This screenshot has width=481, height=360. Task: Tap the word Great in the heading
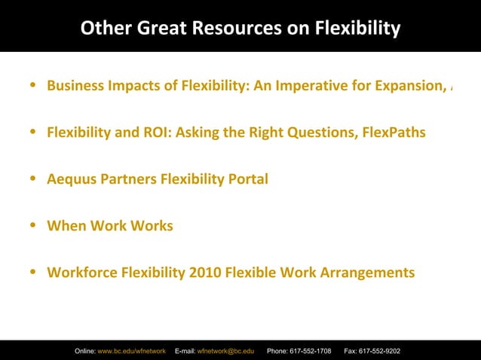163,29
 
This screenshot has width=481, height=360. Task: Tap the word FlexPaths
394,133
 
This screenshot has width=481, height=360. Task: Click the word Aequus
73,179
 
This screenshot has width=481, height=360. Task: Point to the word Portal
247,179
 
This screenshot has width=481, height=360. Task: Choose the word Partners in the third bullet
128,179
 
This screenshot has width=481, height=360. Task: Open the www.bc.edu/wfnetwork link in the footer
132,351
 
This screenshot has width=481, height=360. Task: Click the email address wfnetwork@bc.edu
225,351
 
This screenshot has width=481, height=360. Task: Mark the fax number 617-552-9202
380,351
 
